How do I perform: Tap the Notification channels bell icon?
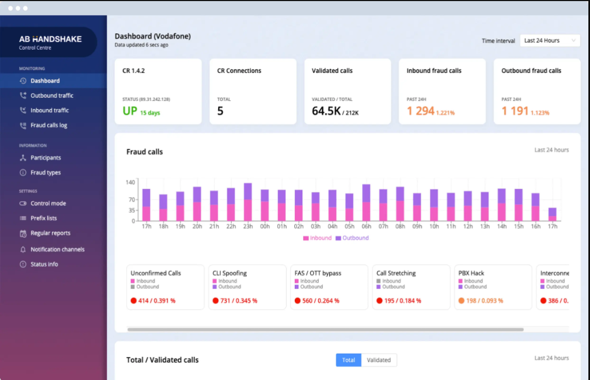point(23,250)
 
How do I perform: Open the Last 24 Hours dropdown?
point(550,40)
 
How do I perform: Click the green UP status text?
point(130,111)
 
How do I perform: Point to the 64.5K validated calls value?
point(326,111)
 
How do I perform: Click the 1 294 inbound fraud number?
point(420,111)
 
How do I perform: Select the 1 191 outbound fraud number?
point(515,111)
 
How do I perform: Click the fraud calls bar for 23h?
point(248,202)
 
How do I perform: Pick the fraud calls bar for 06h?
point(366,203)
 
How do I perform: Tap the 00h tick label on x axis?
point(265,226)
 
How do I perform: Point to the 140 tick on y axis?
point(130,183)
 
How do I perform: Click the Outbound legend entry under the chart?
point(352,238)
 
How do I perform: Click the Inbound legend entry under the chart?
point(317,238)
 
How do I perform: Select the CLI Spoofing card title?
point(230,273)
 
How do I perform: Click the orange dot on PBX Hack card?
point(461,301)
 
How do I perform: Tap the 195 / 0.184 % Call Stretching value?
point(402,301)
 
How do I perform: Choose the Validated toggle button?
point(379,360)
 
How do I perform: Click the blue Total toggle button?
point(349,360)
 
